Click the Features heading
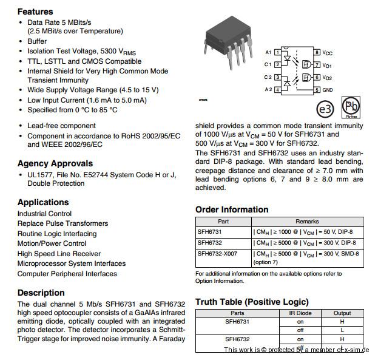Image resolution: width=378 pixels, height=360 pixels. [x=35, y=12]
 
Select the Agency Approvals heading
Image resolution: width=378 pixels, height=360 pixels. [x=55, y=163]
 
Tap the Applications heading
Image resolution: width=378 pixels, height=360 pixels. [x=43, y=202]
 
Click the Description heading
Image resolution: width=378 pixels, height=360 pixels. [x=41, y=293]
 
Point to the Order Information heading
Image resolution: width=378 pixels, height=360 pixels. [x=232, y=209]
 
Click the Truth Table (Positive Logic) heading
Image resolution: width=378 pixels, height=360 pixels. [x=252, y=302]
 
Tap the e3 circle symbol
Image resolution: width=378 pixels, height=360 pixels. [x=326, y=109]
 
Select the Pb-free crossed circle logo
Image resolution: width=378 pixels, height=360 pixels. [x=350, y=105]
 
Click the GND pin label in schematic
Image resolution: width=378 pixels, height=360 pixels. [x=328, y=90]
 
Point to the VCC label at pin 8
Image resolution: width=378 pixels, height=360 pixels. [x=328, y=53]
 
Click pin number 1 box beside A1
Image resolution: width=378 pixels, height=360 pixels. [x=277, y=53]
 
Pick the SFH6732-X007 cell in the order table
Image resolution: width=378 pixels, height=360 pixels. [x=217, y=254]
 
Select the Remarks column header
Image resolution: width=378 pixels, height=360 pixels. [x=307, y=222]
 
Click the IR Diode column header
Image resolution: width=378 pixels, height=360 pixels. [x=300, y=313]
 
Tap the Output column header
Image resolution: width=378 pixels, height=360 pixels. [x=342, y=313]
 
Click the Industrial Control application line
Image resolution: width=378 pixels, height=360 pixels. [x=44, y=214]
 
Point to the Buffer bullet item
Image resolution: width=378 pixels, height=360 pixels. [x=37, y=41]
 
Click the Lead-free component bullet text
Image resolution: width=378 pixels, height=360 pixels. [x=61, y=126]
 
